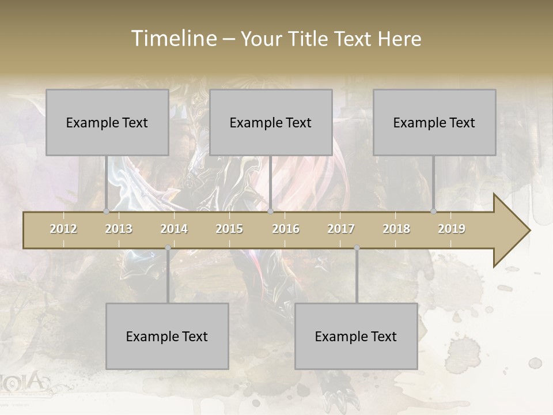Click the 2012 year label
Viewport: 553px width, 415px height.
(63, 229)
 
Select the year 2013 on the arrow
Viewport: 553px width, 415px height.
(119, 229)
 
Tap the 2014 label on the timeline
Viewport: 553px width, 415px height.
(174, 229)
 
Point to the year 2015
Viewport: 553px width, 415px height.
(229, 229)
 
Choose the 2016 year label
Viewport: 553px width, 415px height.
(286, 229)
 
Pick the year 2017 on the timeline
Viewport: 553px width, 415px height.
(341, 229)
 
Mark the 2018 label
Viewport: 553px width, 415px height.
(396, 229)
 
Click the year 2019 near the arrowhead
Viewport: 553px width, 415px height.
(452, 229)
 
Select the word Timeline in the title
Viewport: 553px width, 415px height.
(173, 39)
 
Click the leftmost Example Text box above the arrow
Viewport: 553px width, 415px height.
(107, 122)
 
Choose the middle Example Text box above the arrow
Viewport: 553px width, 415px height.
(271, 122)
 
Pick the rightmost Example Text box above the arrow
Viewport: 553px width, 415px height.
(434, 122)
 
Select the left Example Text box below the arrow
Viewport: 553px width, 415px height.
(167, 336)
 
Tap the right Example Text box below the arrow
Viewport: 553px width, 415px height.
(356, 336)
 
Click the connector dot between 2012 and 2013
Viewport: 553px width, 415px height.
(107, 212)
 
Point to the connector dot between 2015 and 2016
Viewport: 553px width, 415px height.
(270, 212)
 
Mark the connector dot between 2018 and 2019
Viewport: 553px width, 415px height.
(434, 212)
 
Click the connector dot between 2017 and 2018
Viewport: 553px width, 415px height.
(357, 248)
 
